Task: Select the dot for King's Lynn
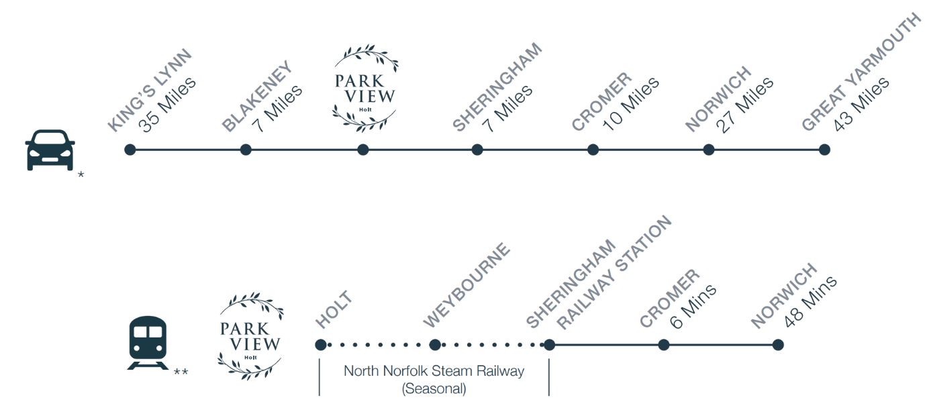tap(130, 150)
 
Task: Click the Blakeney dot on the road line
tap(246, 150)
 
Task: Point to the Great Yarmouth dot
tap(824, 150)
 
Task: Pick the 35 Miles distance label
tap(168, 104)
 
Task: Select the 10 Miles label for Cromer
tap(631, 105)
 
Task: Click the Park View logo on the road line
tap(365, 88)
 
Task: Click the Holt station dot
tap(320, 345)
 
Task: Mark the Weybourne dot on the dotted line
tap(435, 345)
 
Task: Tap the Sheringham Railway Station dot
tap(549, 345)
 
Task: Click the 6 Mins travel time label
tap(693, 306)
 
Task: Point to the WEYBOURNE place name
tap(467, 286)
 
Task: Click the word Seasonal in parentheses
tap(434, 388)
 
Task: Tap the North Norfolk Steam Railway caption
tap(434, 370)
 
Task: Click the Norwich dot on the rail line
tap(778, 345)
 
